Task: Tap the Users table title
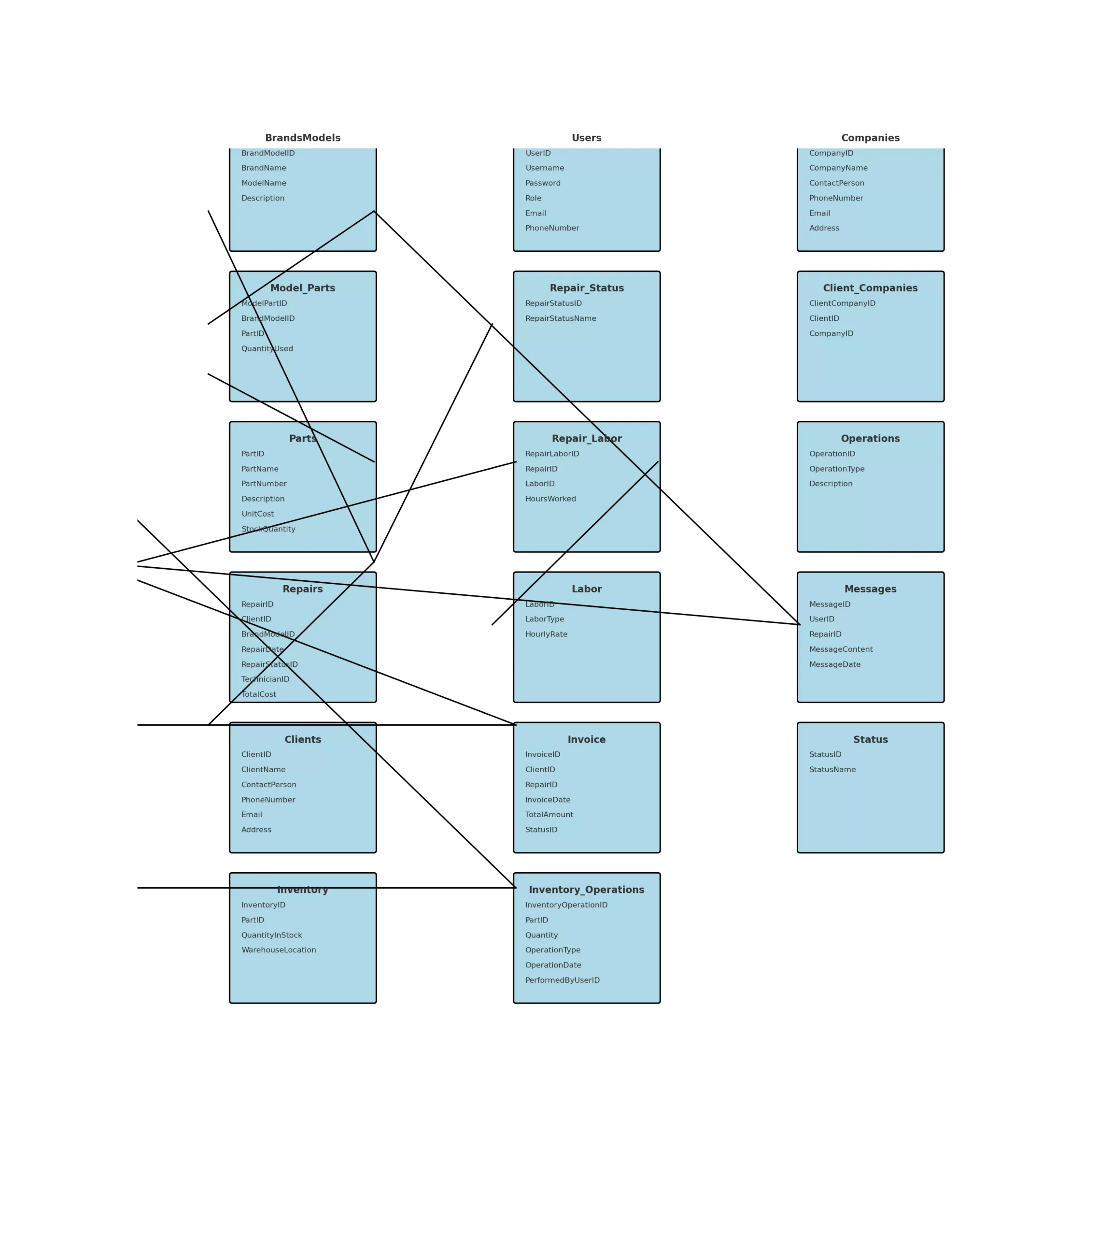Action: pyautogui.click(x=586, y=138)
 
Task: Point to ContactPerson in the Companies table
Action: pyautogui.click(x=836, y=183)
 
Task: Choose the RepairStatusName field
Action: pyautogui.click(x=560, y=319)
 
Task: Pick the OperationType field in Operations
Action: pyautogui.click(x=836, y=469)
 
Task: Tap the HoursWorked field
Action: pyautogui.click(x=550, y=499)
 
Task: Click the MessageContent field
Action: pyautogui.click(x=841, y=649)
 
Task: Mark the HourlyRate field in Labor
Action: pyautogui.click(x=546, y=634)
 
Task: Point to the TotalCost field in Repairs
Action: pyautogui.click(x=258, y=695)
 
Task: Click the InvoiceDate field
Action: pyautogui.click(x=548, y=800)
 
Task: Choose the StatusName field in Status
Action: pyautogui.click(x=832, y=770)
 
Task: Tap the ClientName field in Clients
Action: pyautogui.click(x=263, y=770)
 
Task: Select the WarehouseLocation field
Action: pyautogui.click(x=278, y=950)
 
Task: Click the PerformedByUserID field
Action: pyautogui.click(x=562, y=980)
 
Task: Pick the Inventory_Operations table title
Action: pyautogui.click(x=586, y=890)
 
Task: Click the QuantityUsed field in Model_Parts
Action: pyautogui.click(x=267, y=349)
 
